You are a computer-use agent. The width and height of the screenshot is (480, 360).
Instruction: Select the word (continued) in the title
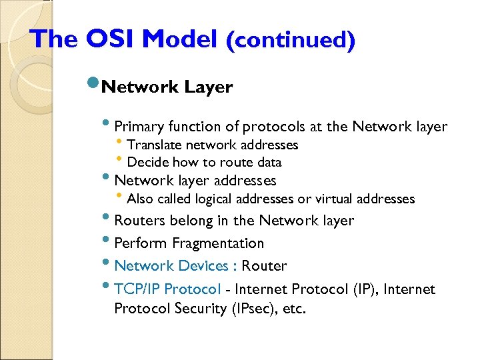tap(290, 41)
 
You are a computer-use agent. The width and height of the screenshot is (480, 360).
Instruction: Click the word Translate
tap(154, 145)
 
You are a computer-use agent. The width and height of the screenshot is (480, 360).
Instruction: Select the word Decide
tap(148, 162)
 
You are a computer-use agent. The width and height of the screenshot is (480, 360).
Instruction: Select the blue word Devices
tap(203, 266)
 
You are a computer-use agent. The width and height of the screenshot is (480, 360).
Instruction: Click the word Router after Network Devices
tap(264, 266)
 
